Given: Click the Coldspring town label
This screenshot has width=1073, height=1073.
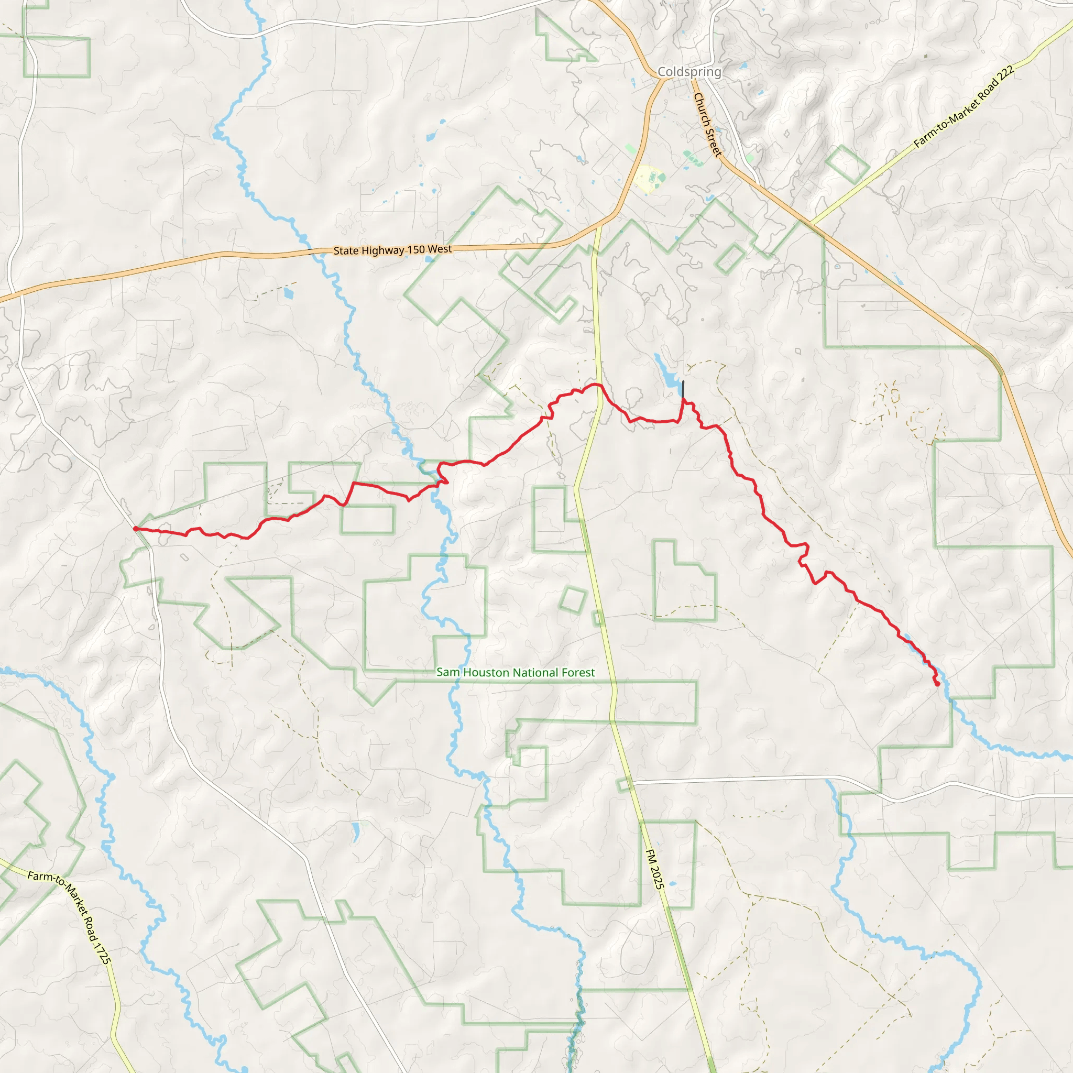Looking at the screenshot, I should coord(689,72).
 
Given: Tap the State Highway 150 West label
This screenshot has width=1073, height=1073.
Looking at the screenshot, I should coord(392,250).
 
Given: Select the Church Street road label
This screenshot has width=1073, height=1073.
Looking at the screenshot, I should coord(707,124).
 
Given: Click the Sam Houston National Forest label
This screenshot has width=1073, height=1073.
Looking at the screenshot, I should coord(516,673).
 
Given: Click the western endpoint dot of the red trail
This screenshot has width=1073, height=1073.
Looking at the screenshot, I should coord(136,529).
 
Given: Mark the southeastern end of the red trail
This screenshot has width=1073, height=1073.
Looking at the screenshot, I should coord(937,684).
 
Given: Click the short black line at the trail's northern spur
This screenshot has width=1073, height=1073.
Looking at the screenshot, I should coord(683,389).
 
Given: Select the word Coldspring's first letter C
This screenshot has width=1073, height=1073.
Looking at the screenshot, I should coord(662,72).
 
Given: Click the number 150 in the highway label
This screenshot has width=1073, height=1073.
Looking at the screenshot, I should coord(416,249).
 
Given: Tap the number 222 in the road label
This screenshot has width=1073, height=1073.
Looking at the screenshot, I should coord(1005,76).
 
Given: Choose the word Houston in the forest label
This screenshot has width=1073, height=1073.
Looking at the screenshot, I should coord(488,673).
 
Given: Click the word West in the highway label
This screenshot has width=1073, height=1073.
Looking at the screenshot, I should coord(440,249).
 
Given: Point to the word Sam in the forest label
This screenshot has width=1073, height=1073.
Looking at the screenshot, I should coord(448,673).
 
